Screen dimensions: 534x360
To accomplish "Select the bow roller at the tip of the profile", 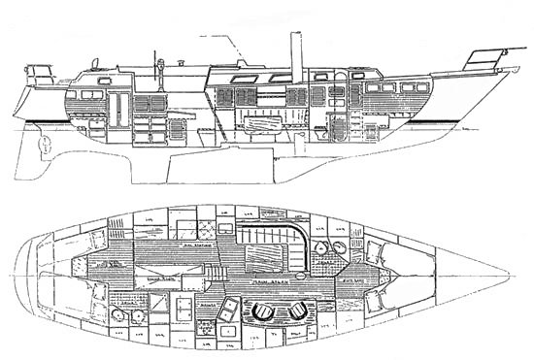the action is click(502, 71).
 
